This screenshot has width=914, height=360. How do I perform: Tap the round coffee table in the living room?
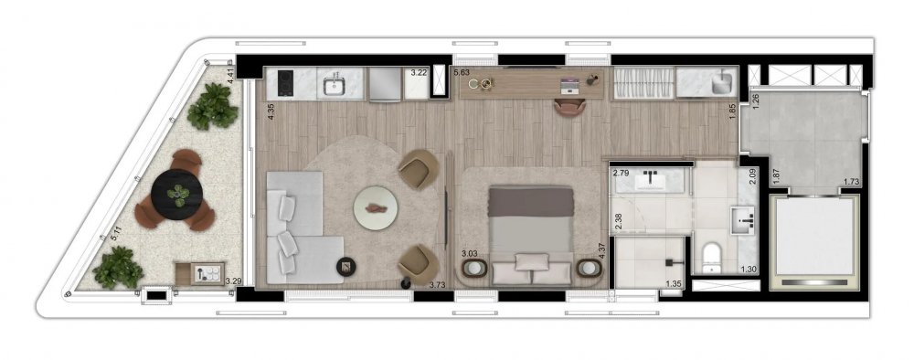pyautogui.click(x=376, y=208)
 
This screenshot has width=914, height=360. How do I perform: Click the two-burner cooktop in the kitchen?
pyautogui.click(x=285, y=83)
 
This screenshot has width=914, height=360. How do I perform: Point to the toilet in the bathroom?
pyautogui.click(x=711, y=258)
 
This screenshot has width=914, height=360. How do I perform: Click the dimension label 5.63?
pyautogui.click(x=462, y=72)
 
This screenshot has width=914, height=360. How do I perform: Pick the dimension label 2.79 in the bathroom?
pyautogui.click(x=622, y=173)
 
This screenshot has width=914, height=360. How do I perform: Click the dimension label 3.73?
pyautogui.click(x=437, y=285)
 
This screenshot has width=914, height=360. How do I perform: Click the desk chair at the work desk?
pyautogui.click(x=570, y=107)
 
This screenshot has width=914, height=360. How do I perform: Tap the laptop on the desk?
pyautogui.click(x=569, y=86)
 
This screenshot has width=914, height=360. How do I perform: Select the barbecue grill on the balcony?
pyautogui.click(x=199, y=273)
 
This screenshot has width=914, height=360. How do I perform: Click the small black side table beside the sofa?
pyautogui.click(x=345, y=267)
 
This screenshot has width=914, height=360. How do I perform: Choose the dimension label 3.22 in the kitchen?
pyautogui.click(x=419, y=73)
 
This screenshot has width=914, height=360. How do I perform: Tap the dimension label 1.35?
pyautogui.click(x=674, y=284)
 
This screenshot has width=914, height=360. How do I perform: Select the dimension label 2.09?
pyautogui.click(x=752, y=176)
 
